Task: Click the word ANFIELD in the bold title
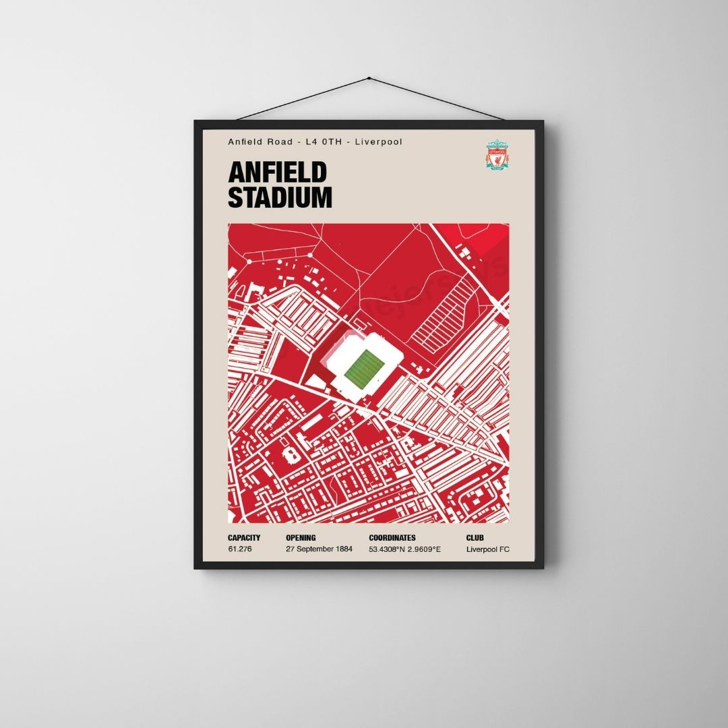pos(277,173)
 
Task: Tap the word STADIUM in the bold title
pos(280,198)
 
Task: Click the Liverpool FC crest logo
pos(498,155)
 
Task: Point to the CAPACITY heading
pos(244,538)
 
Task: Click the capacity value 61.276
pos(240,549)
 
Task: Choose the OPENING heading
pos(302,538)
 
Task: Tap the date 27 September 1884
pos(319,549)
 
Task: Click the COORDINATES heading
pos(392,538)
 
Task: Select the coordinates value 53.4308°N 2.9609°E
pos(404,549)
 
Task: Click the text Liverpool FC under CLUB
pos(487,549)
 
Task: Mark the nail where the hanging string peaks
pos(369,78)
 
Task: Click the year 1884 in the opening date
pos(344,549)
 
